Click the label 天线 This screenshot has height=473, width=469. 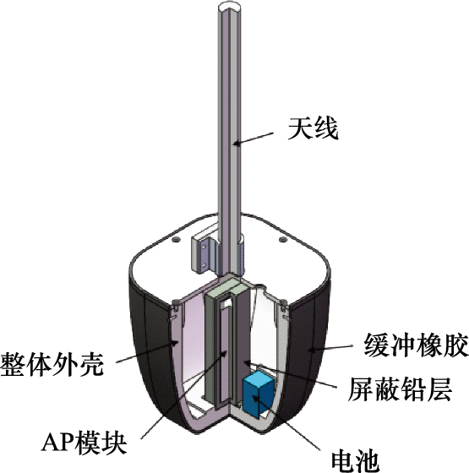click(x=313, y=128)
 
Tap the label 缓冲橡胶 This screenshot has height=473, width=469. click(x=416, y=345)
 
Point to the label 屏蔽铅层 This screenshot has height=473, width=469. click(x=400, y=389)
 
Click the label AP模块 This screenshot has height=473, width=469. click(x=84, y=443)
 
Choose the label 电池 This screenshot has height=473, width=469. click(x=355, y=461)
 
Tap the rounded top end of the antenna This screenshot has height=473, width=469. click(x=230, y=7)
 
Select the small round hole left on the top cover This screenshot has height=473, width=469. click(x=176, y=240)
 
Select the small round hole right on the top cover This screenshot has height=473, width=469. click(x=282, y=240)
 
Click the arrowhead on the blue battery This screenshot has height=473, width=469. click(x=256, y=398)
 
